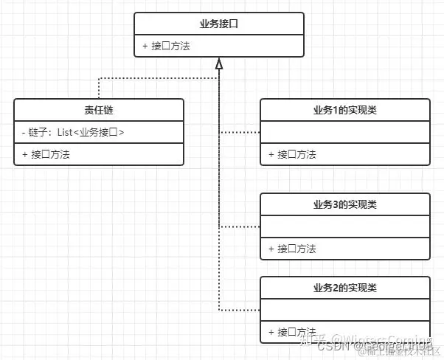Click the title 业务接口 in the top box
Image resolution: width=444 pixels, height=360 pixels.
tap(218, 24)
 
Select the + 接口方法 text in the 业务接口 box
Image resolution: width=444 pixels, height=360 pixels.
tap(171, 46)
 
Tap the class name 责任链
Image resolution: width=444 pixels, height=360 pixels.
tap(99, 110)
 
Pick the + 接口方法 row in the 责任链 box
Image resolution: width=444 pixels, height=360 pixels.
tap(51, 154)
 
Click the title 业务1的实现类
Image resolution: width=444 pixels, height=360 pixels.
tap(344, 110)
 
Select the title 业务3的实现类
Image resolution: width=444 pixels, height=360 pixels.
tap(344, 204)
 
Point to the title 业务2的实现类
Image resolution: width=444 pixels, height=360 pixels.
tap(344, 287)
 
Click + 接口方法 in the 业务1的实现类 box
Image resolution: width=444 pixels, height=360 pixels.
tap(292, 154)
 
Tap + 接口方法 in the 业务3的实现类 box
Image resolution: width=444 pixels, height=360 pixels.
tap(292, 249)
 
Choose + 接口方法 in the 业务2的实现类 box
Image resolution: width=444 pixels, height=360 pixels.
tap(292, 332)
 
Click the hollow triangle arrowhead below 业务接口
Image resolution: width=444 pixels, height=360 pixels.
tap(218, 64)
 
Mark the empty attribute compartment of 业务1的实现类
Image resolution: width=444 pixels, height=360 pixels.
tap(344, 132)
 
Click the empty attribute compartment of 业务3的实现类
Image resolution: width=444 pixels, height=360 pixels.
tap(344, 226)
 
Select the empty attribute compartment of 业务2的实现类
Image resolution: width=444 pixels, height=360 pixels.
tap(344, 310)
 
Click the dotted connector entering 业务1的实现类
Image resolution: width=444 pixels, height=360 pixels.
tap(240, 132)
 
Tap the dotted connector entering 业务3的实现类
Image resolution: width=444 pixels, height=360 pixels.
tap(240, 226)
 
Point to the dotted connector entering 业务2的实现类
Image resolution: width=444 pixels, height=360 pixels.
tap(240, 310)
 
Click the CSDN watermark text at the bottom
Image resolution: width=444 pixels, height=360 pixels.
tap(332, 345)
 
